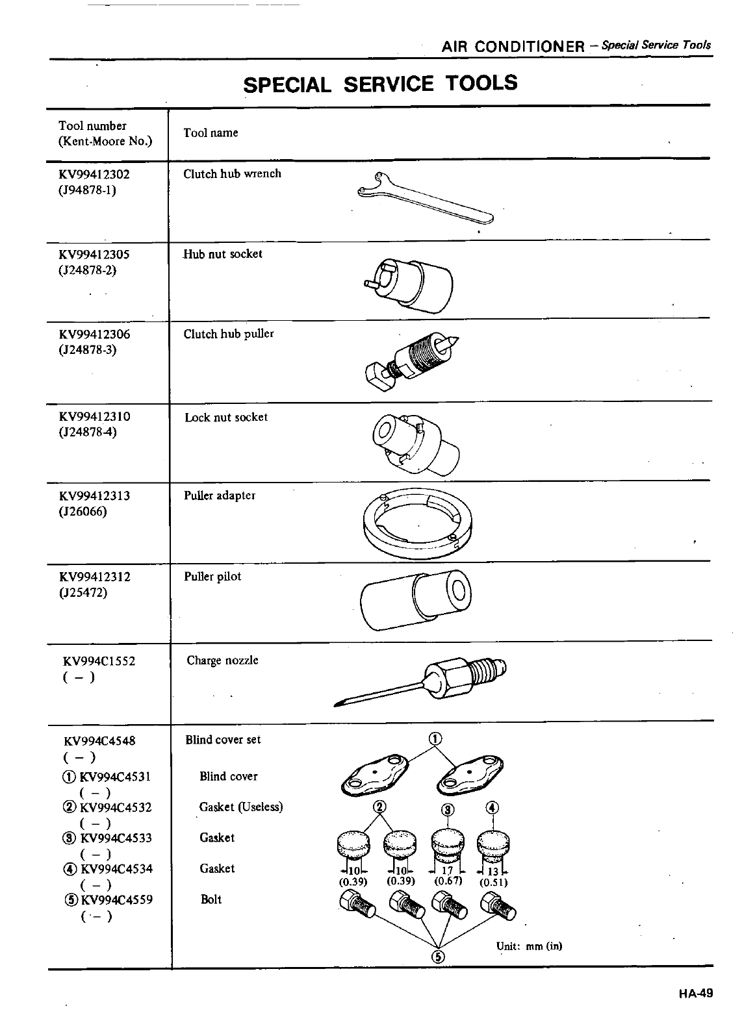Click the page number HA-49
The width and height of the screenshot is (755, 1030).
tap(697, 993)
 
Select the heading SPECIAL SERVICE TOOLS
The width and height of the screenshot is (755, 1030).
tap(380, 84)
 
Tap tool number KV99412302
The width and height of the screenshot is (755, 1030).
tap(94, 174)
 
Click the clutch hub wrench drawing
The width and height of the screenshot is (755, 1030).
tap(426, 198)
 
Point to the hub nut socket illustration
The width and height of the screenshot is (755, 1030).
tap(409, 281)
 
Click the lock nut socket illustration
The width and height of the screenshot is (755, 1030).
tap(416, 442)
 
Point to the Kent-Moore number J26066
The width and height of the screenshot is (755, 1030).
tap(83, 512)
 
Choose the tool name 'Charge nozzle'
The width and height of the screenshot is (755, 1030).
tap(222, 660)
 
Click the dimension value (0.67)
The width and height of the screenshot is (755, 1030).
tap(448, 881)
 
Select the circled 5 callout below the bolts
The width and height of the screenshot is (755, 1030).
tap(438, 957)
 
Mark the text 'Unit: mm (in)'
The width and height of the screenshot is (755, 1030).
tap(529, 946)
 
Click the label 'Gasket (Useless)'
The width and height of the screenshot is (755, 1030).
tap(241, 807)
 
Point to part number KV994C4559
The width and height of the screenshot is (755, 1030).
tap(115, 900)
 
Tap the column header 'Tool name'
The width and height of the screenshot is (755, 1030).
tap(211, 133)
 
